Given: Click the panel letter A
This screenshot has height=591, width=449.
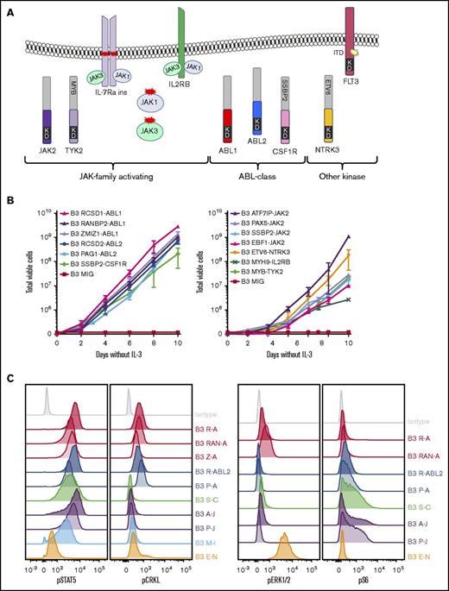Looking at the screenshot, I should click(x=9, y=8).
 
